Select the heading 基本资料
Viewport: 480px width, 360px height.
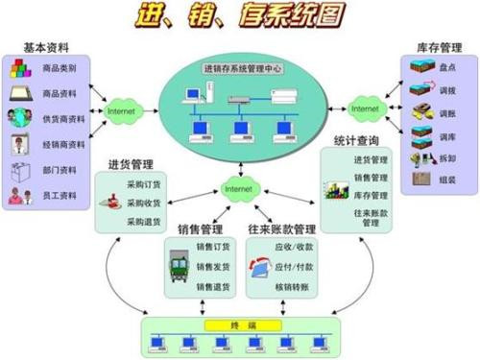coord(45,49)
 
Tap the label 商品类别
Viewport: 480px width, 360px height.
coord(60,68)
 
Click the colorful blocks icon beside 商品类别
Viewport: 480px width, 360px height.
coord(21,69)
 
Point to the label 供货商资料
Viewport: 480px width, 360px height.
coord(63,120)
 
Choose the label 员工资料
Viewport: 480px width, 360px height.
coord(60,195)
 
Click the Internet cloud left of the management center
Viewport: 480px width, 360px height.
coord(121,111)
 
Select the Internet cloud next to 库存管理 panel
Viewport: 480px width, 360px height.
coord(365,109)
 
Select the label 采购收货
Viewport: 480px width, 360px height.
coord(144,203)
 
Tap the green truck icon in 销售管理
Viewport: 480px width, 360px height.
coord(179,266)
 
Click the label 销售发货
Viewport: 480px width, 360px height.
coord(212,267)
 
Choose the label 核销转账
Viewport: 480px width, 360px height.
coord(292,286)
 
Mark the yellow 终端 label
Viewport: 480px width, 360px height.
coord(239,324)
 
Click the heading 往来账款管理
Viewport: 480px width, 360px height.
coord(281,229)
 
